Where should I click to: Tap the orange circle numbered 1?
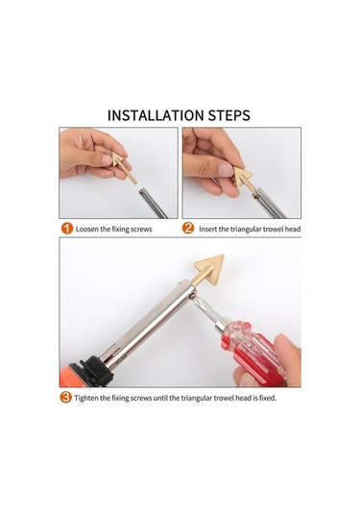click(x=66, y=229)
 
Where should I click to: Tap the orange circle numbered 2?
click(x=188, y=228)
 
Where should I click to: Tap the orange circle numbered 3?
click(x=65, y=398)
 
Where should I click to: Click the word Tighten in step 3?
click(x=86, y=398)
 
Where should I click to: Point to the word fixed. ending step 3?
click(x=268, y=398)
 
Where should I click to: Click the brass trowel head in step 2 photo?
click(x=245, y=178)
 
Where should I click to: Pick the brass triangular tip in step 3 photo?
click(x=208, y=268)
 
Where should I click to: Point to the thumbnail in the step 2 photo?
click(x=226, y=169)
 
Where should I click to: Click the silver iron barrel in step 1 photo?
click(x=154, y=204)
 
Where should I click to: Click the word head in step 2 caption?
click(x=292, y=229)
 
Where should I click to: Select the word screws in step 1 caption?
click(x=141, y=229)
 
